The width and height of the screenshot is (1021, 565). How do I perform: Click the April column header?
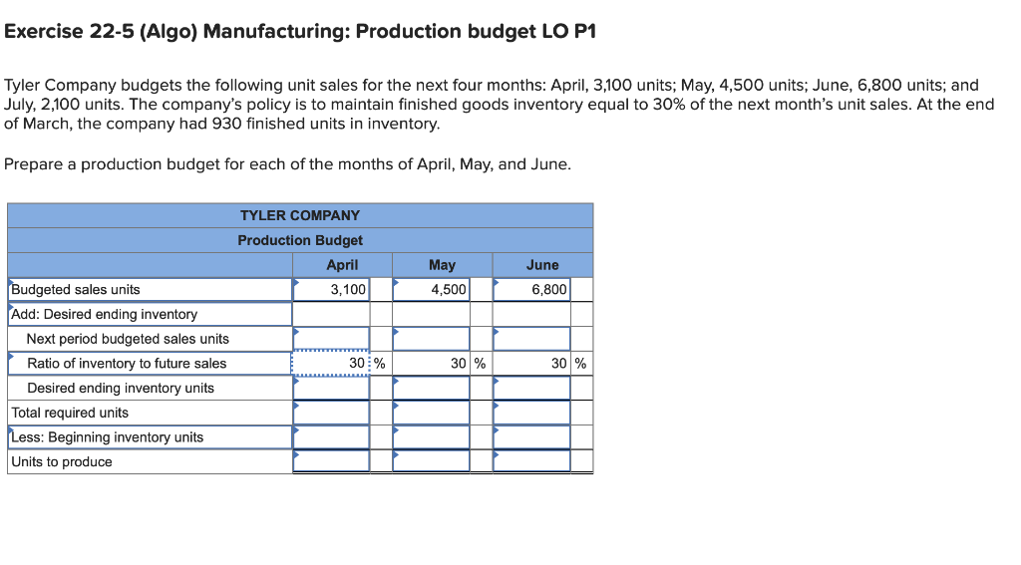pyautogui.click(x=342, y=265)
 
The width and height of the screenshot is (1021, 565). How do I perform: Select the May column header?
pyautogui.click(x=442, y=265)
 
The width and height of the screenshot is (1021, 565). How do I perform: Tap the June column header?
pyautogui.click(x=542, y=265)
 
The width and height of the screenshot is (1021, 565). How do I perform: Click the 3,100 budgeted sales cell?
pyautogui.click(x=331, y=290)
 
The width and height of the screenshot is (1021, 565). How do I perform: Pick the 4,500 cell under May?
pyautogui.click(x=431, y=290)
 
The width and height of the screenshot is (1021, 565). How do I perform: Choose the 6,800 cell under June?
pyautogui.click(x=531, y=290)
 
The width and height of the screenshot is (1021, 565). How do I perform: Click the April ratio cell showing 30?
pyautogui.click(x=331, y=364)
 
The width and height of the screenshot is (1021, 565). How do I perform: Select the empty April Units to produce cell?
pyautogui.click(x=331, y=461)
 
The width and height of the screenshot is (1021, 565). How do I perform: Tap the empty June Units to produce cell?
pyautogui.click(x=531, y=461)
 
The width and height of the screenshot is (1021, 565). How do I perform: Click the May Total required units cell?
pyautogui.click(x=431, y=413)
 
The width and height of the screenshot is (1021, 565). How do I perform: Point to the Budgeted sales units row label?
pyautogui.click(x=76, y=290)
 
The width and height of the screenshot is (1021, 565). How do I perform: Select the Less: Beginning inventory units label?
pyautogui.click(x=107, y=437)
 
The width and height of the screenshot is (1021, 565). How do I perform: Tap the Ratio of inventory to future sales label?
pyautogui.click(x=127, y=364)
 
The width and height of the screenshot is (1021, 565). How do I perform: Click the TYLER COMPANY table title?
pyautogui.click(x=300, y=215)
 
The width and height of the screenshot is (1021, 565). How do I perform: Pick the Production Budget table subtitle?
pyautogui.click(x=300, y=240)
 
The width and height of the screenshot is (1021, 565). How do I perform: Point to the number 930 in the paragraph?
pyautogui.click(x=228, y=124)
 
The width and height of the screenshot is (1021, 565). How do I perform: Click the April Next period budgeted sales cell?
pyautogui.click(x=331, y=339)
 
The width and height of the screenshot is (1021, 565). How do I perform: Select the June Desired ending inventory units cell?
pyautogui.click(x=531, y=388)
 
